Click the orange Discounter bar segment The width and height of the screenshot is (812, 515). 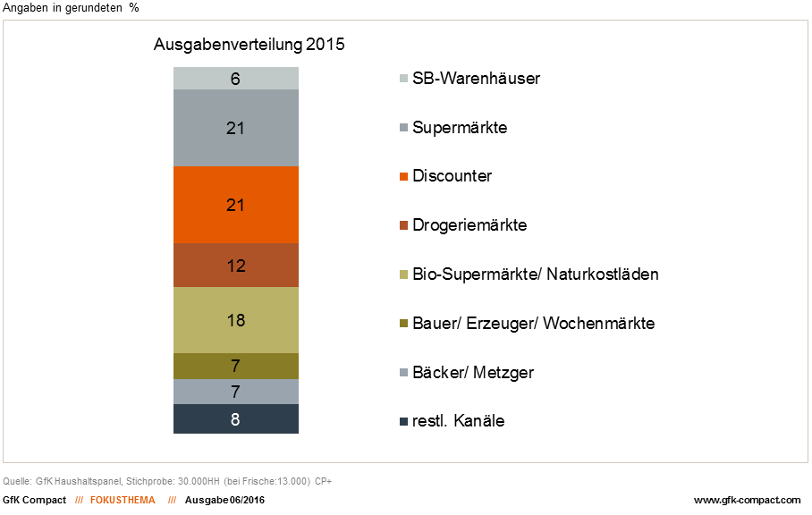click(x=236, y=205)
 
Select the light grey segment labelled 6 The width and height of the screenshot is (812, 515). click(x=236, y=79)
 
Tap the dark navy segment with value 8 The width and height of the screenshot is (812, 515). click(x=236, y=418)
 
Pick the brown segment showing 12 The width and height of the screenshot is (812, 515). click(x=236, y=266)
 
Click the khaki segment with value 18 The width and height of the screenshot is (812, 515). click(x=236, y=320)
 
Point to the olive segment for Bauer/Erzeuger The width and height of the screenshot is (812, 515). click(x=236, y=366)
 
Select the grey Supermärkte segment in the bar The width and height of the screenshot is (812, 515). click(x=236, y=128)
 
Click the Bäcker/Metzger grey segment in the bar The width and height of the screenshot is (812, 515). click(x=236, y=392)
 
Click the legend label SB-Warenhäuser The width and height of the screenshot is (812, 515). click(x=476, y=79)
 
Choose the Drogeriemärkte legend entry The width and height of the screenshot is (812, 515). click(x=469, y=224)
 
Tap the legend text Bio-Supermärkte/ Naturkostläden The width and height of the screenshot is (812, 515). click(x=535, y=274)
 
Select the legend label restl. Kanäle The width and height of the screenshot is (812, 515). click(x=458, y=420)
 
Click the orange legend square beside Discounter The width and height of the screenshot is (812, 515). click(x=403, y=176)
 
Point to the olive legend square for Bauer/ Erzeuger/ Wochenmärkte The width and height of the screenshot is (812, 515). click(x=403, y=323)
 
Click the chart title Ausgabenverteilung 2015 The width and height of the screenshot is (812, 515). click(x=250, y=44)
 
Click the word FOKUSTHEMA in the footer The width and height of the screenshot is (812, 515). click(x=123, y=500)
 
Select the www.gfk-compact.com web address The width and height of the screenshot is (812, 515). click(x=747, y=500)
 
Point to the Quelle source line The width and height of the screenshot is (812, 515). click(x=168, y=482)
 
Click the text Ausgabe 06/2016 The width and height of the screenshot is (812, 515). click(x=224, y=500)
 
